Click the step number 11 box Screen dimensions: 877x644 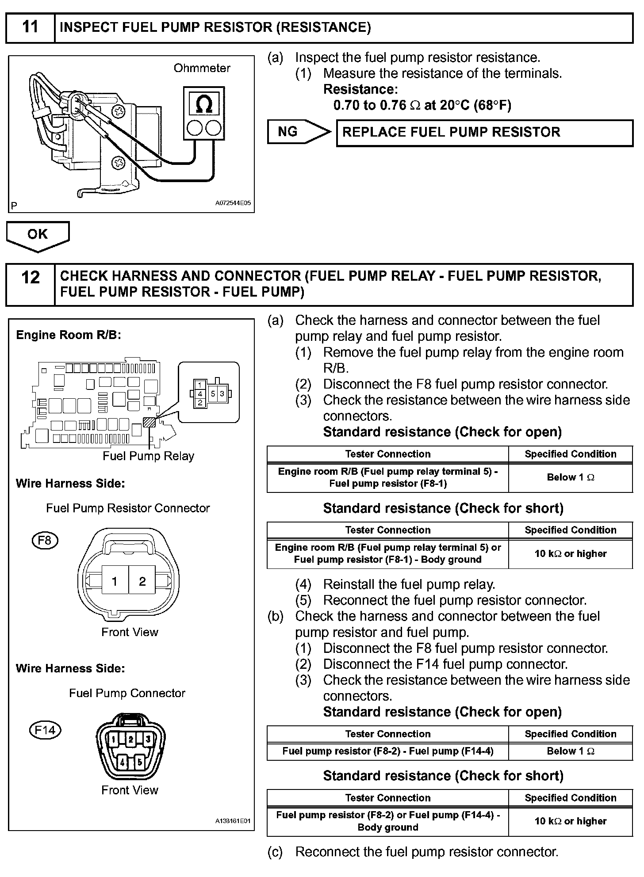pos(30,27)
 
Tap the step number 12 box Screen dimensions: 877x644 pos(30,284)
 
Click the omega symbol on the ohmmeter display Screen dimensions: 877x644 pos(203,104)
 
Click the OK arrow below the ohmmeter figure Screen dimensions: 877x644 pos(38,235)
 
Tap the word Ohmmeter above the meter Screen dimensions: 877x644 pos(202,68)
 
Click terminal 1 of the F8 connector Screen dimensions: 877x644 pos(115,581)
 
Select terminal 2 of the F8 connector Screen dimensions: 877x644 pos(142,581)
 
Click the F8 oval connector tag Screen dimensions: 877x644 pos(45,540)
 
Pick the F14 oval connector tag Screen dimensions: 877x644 pos(45,730)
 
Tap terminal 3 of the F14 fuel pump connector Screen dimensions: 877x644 pos(148,739)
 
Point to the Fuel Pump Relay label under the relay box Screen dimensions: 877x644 pos(148,456)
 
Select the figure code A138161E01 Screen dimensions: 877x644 pos(233,821)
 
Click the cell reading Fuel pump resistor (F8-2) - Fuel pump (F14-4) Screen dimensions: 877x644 pos(388,751)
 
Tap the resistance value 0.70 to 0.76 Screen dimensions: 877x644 pos(370,106)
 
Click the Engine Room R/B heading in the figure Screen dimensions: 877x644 pos(69,335)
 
